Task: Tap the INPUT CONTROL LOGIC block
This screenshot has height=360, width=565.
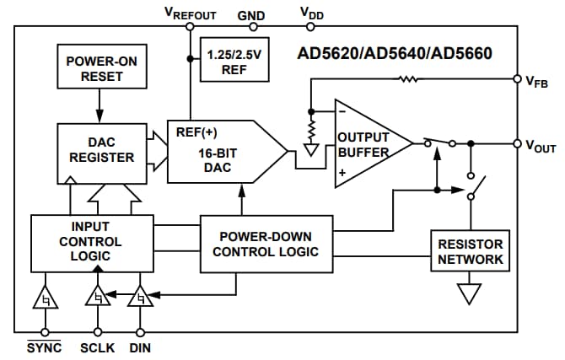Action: click(92, 242)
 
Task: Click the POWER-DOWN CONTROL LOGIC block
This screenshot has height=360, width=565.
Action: click(266, 244)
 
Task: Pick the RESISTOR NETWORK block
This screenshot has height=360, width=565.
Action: click(471, 250)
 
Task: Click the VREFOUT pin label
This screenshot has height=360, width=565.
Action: click(190, 13)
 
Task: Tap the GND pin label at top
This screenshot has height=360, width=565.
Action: click(250, 13)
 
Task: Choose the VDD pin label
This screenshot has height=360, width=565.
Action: click(312, 13)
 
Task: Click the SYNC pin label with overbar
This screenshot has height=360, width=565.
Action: click(44, 347)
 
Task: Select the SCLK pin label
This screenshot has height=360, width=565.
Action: click(97, 347)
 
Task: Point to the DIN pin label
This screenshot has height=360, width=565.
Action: click(140, 347)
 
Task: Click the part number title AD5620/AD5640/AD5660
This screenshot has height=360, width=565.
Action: click(394, 53)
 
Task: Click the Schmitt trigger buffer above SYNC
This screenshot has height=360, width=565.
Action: click(44, 298)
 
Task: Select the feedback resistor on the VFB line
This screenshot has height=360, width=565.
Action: click(409, 80)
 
